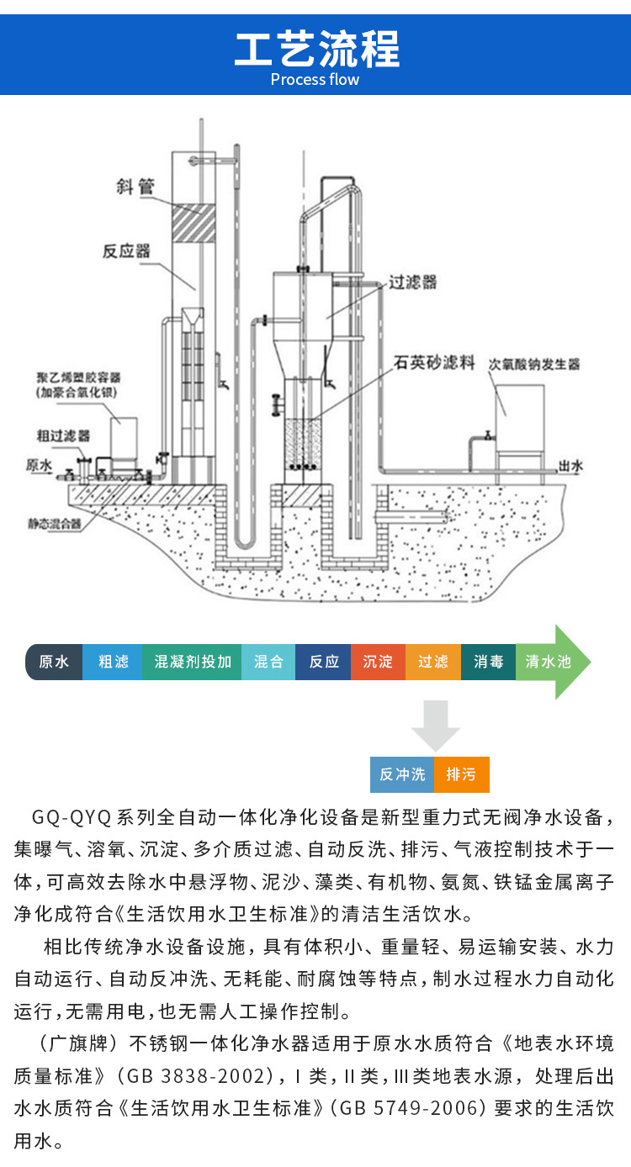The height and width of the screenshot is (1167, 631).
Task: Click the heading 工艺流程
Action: coord(315,48)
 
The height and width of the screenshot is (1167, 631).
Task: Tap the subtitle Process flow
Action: coord(315,80)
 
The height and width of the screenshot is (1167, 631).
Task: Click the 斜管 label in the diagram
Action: coord(135,186)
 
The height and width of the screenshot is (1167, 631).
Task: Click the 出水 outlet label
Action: coord(571,466)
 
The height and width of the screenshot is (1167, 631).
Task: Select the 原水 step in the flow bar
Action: coord(55,662)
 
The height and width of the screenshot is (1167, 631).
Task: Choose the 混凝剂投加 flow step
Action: coord(193,662)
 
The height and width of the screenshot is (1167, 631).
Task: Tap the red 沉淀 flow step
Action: coord(378,662)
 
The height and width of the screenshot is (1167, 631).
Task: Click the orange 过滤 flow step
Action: coord(433,662)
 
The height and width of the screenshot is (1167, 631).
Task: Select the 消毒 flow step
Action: coord(488,662)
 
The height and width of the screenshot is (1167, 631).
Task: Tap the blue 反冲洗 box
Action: coord(402,774)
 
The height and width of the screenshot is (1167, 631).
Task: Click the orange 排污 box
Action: coord(461,774)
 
